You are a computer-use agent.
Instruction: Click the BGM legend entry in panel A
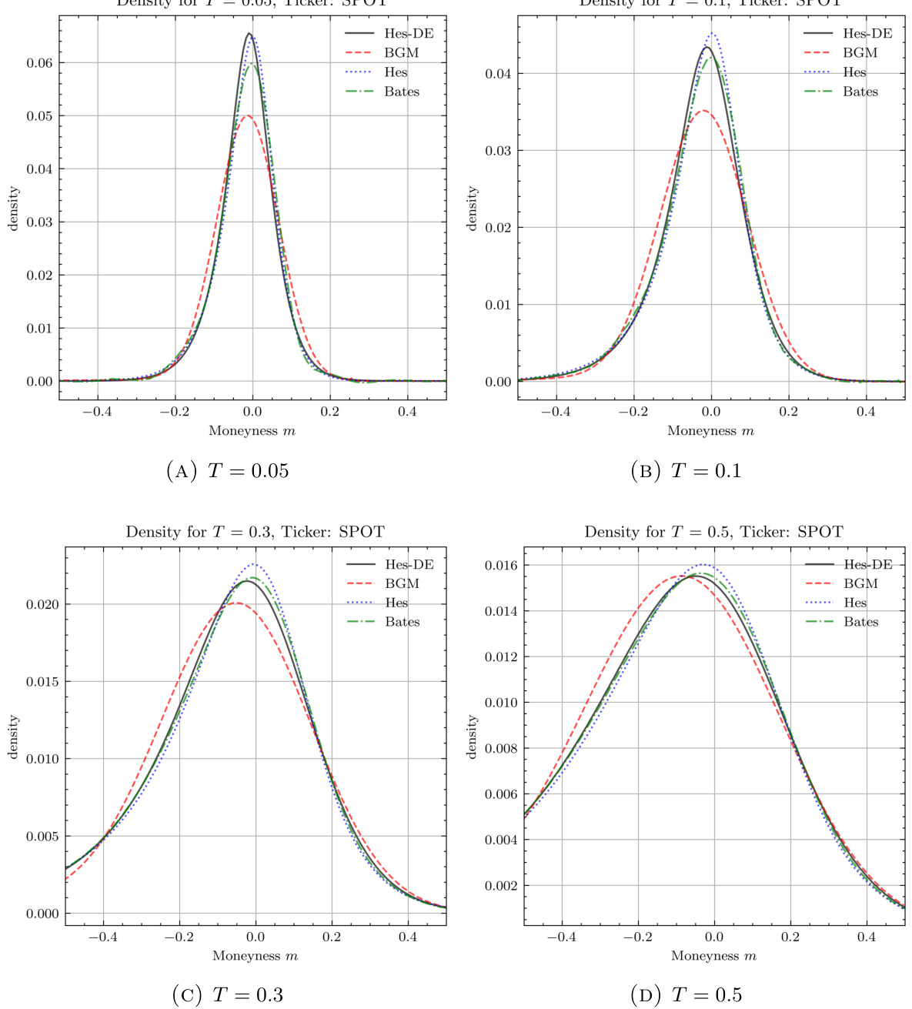pos(401,53)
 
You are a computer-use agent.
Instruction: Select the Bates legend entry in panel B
pos(860,92)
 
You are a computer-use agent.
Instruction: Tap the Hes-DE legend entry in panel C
pos(409,565)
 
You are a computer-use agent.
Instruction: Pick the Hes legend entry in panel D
pos(855,603)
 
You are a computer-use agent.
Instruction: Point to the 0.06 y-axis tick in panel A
pos(40,63)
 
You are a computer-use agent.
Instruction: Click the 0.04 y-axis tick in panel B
pos(499,74)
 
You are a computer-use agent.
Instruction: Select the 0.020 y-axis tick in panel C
pos(42,605)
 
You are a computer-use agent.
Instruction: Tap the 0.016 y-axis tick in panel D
pos(501,566)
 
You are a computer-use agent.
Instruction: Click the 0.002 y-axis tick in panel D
pos(501,886)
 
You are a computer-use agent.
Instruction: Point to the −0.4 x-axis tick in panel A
pos(97,412)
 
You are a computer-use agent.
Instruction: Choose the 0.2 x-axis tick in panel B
pos(789,412)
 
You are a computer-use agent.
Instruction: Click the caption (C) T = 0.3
pos(228,995)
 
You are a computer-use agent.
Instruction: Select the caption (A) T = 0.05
pos(228,470)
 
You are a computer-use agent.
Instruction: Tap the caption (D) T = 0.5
pos(687,995)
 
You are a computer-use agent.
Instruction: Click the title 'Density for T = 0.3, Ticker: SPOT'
pos(255,532)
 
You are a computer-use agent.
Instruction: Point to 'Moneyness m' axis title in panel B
pos(710,431)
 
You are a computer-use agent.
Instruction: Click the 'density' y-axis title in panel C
pos(13,737)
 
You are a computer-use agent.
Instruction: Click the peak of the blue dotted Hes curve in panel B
pos(713,33)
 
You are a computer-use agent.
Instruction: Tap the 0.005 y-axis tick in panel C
pos(42,837)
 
